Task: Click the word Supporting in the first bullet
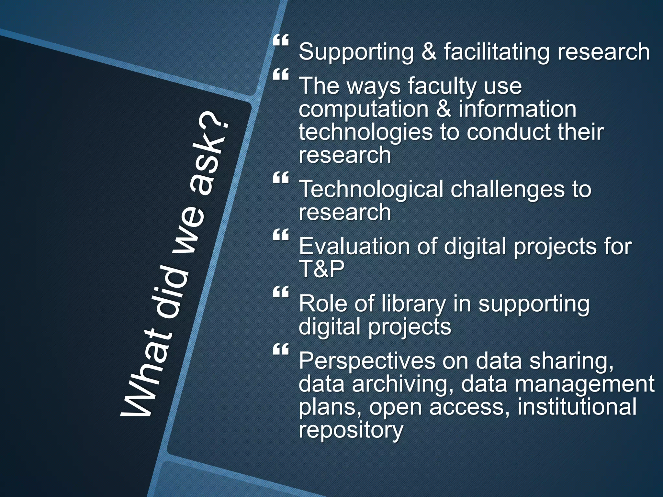356,52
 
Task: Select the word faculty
442,87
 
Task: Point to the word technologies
365,133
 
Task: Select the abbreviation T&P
321,269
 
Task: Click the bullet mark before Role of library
281,292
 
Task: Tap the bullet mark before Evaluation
281,235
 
